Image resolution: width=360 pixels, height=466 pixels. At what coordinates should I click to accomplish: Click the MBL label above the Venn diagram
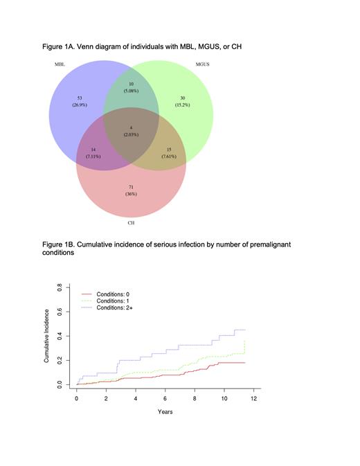60,64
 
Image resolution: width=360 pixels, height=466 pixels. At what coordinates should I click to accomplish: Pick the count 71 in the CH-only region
131,187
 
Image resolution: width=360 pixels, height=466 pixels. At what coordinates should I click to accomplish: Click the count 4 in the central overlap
131,127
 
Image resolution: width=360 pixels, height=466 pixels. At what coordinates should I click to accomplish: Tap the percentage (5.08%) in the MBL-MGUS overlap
131,91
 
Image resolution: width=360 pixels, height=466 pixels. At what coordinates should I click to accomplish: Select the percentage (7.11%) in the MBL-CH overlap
93,156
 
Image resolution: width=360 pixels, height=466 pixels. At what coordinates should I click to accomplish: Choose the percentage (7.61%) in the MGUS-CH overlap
169,156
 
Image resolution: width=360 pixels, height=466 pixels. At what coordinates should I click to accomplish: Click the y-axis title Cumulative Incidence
46,337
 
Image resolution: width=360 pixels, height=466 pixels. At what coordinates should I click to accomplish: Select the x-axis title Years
165,412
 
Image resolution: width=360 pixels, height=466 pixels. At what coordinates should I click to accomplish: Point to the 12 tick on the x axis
254,399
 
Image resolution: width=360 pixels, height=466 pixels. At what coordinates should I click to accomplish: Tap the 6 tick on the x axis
165,399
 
